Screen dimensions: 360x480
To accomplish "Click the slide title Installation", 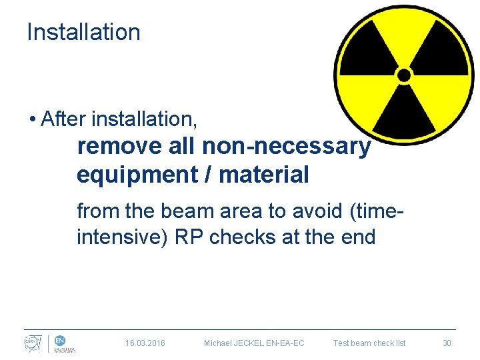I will (x=83, y=32).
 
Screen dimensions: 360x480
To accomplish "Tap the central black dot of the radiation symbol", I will (x=404, y=75).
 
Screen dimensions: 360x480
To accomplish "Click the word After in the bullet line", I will (x=64, y=119).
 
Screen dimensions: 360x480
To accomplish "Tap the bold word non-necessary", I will (x=287, y=146).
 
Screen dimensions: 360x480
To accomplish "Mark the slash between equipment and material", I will (x=211, y=175).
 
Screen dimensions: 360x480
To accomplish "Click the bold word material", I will (x=264, y=175).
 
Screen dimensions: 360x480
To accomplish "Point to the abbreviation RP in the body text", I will (x=189, y=237).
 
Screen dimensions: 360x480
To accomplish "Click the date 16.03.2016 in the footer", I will (x=145, y=343).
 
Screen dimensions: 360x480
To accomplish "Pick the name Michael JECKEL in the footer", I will (x=233, y=343).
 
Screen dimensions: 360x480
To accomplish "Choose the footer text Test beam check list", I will (x=369, y=343).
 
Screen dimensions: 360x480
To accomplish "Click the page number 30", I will (x=447, y=343).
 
